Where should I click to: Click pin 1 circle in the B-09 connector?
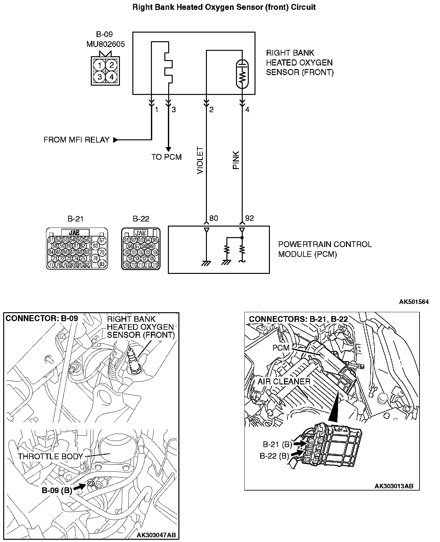(x=100, y=66)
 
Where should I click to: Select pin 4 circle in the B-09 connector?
(x=111, y=77)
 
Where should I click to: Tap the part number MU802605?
(x=106, y=44)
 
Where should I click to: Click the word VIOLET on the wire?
(x=200, y=160)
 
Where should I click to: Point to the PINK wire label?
(x=236, y=160)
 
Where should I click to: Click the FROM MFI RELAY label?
(x=76, y=140)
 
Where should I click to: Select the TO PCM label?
(x=166, y=157)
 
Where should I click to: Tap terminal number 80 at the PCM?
(x=213, y=218)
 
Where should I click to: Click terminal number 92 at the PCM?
(x=249, y=218)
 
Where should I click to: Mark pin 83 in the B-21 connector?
(x=102, y=264)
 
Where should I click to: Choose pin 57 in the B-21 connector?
(x=102, y=240)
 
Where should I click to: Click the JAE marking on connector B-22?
(x=141, y=233)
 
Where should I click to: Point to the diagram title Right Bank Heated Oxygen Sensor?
(x=224, y=7)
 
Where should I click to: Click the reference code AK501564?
(x=413, y=302)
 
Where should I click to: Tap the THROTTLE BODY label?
(x=51, y=456)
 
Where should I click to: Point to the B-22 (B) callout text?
(x=274, y=456)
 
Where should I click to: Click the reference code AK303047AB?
(x=156, y=535)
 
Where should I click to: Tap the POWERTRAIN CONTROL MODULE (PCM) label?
(x=325, y=249)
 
